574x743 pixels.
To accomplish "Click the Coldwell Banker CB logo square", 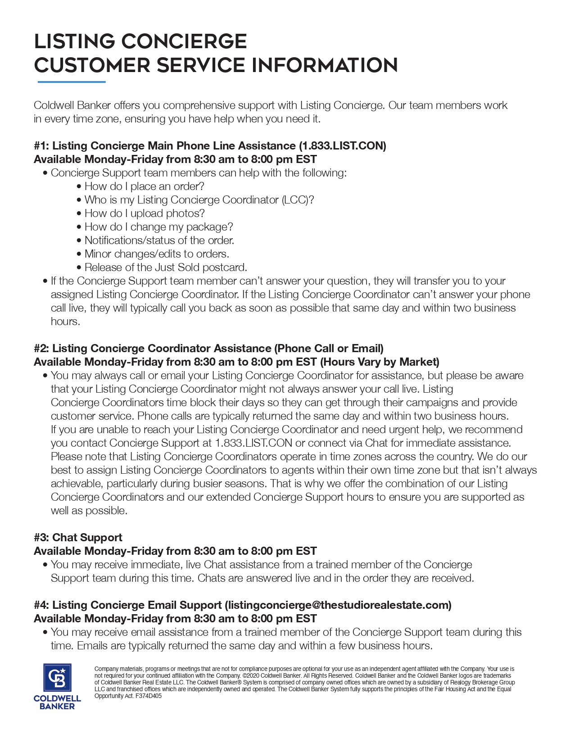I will [57, 677].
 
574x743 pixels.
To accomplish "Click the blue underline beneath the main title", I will [72, 82].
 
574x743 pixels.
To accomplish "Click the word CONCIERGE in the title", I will [184, 41].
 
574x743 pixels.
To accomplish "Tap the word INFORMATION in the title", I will [324, 65].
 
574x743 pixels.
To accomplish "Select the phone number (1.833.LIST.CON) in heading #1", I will [343, 146].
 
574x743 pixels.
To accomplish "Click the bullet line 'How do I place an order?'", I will [144, 186].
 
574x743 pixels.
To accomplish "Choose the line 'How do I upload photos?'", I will [145, 213].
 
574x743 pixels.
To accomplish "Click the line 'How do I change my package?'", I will [158, 227].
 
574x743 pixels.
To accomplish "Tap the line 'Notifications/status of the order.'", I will [159, 240].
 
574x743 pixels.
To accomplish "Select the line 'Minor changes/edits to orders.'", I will [157, 254].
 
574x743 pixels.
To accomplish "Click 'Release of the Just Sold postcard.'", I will [166, 267].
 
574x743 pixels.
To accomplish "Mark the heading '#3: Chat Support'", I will [78, 538].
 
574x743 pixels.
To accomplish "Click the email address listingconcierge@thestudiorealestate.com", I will [338, 605].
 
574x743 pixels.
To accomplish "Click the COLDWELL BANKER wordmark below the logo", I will [57, 702].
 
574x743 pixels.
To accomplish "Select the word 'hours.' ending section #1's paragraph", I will [65, 322].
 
